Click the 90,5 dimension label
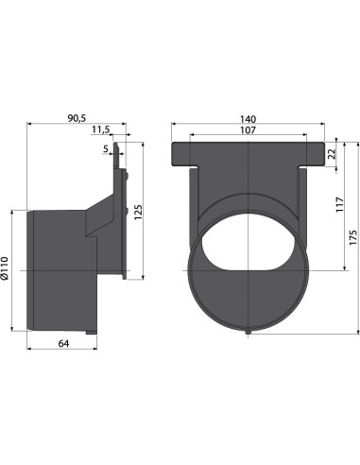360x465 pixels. click(x=77, y=118)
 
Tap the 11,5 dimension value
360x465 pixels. click(x=101, y=129)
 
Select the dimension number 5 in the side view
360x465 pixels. click(x=106, y=148)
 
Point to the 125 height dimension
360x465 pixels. click(x=139, y=213)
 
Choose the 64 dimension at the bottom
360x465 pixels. click(x=63, y=343)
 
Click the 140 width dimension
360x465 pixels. click(x=249, y=119)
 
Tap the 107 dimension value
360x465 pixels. click(x=249, y=129)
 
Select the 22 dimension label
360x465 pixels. click(x=332, y=154)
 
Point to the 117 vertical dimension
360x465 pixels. click(x=339, y=204)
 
